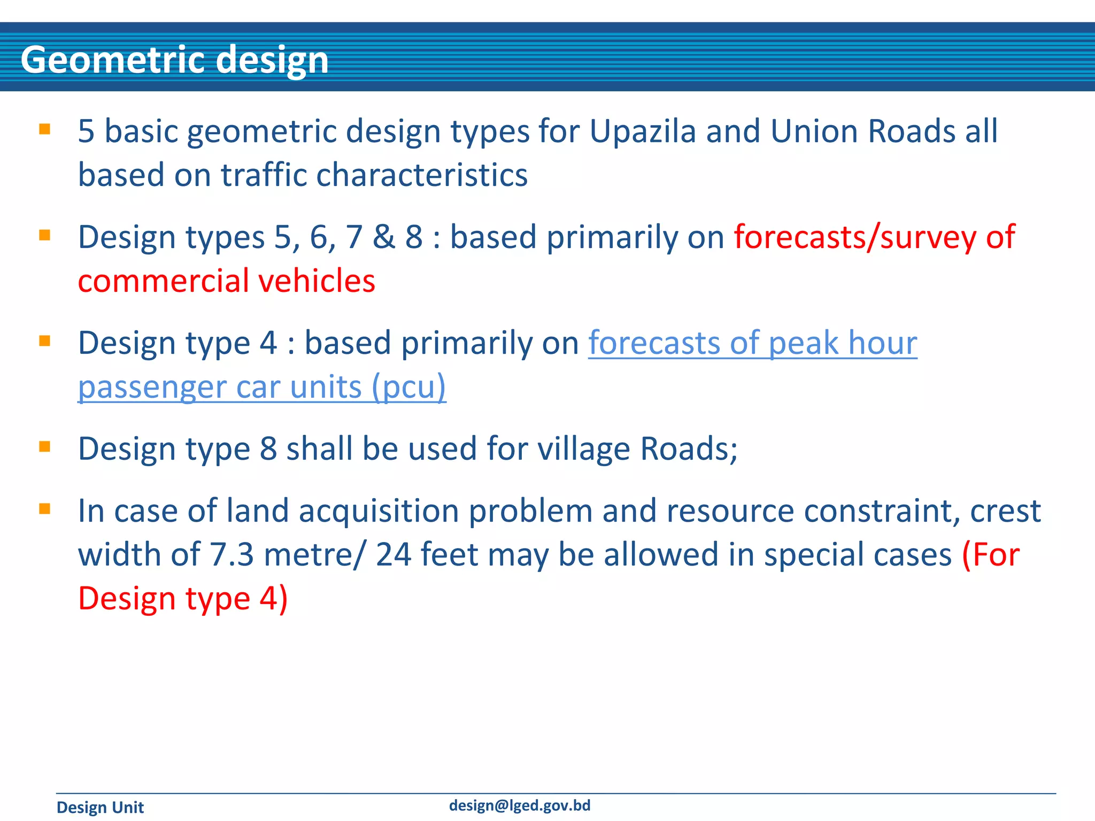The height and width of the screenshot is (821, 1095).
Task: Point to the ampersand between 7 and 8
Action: pos(383,237)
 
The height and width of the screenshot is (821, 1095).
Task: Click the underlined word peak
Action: pos(804,343)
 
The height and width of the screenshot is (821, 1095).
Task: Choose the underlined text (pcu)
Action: pos(409,387)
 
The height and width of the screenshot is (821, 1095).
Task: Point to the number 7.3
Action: pos(232,555)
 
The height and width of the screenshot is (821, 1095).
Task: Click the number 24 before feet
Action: pos(394,555)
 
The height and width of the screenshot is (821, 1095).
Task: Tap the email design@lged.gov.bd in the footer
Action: pos(519,805)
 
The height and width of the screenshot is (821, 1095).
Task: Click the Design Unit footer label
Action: pos(100,807)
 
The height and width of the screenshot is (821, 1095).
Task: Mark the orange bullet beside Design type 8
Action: pos(45,446)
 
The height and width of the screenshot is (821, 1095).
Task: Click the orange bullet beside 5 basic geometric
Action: pos(45,129)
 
